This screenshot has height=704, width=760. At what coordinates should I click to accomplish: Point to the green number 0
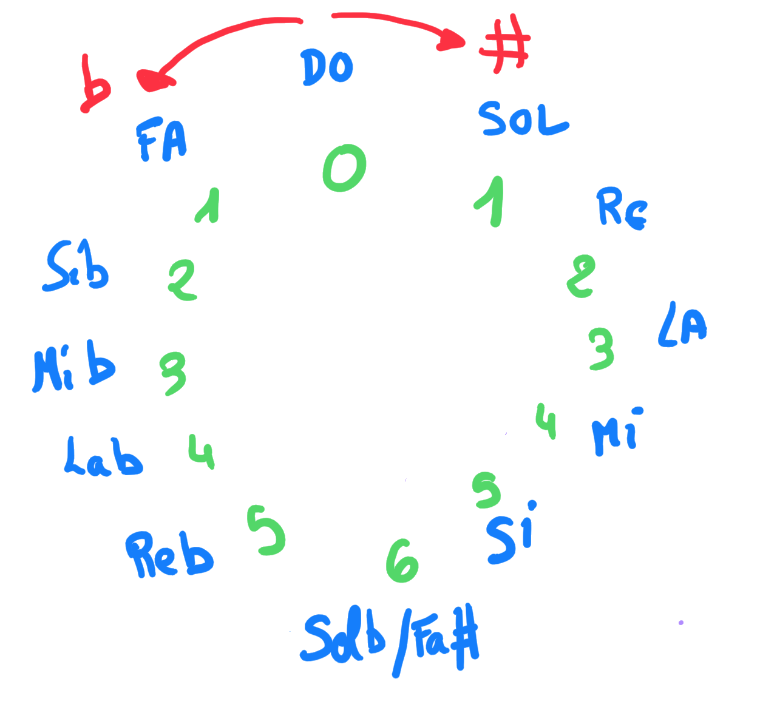[x=344, y=168]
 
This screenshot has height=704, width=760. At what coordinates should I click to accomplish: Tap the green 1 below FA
[x=209, y=206]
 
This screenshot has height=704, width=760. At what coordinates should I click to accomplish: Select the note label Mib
[x=73, y=367]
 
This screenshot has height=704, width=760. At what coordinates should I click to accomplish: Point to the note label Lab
[x=103, y=456]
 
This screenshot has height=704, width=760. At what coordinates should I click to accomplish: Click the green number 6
[x=402, y=560]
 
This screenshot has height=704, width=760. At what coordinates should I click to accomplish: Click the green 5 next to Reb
[x=266, y=530]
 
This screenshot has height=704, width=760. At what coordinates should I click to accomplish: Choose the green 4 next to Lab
[x=201, y=452]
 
